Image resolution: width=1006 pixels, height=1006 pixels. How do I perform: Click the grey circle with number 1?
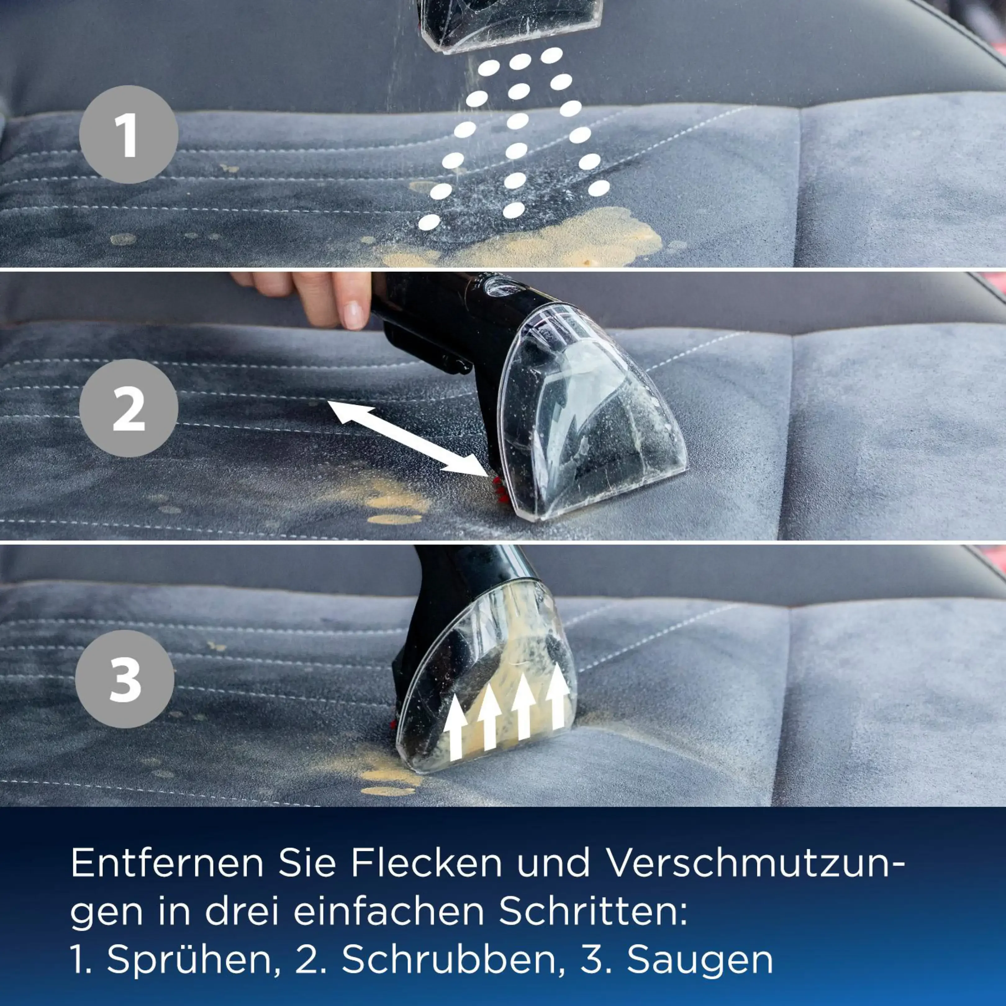pyautogui.click(x=129, y=134)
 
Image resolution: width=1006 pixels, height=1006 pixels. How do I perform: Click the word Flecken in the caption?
pyautogui.click(x=426, y=864)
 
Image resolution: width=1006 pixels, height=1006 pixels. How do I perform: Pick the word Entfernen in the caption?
pyautogui.click(x=167, y=864)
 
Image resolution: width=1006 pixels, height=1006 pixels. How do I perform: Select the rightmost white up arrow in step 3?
pyautogui.click(x=558, y=696)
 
